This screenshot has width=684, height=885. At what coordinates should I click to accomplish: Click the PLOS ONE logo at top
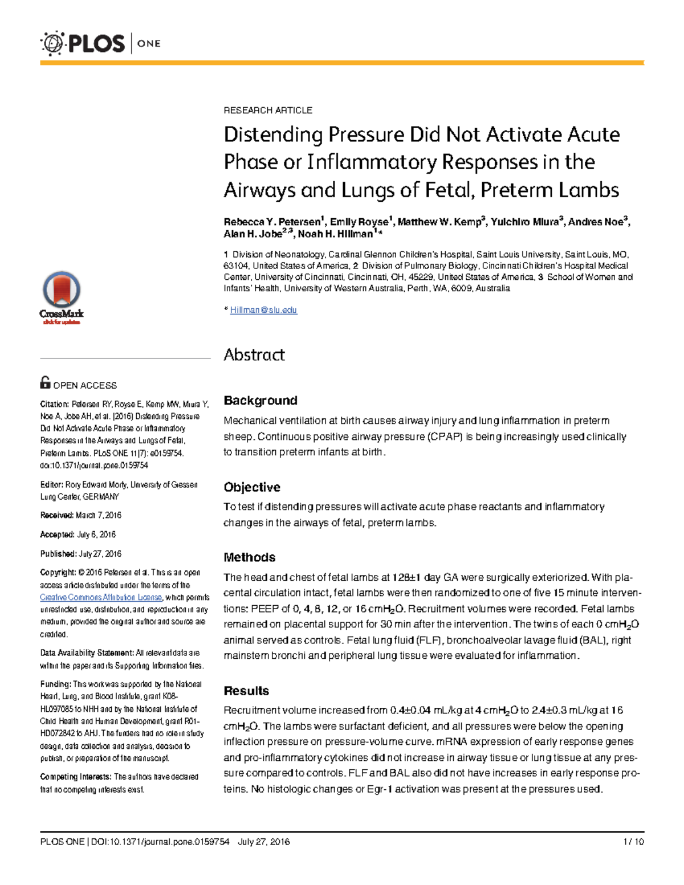[x=100, y=43]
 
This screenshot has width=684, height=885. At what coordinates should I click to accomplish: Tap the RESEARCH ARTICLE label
[x=267, y=110]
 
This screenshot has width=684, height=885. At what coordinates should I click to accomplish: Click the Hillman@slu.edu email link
[x=263, y=310]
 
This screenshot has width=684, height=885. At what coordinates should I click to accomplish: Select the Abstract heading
[x=254, y=354]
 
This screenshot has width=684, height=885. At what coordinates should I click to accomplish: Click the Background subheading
[x=260, y=401]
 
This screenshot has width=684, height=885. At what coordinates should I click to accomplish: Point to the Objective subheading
[x=251, y=487]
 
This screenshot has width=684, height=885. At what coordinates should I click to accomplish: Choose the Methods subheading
[x=249, y=557]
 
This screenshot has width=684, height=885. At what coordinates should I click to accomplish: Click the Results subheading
[x=246, y=691]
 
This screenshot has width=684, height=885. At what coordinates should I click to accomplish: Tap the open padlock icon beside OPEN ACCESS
[x=45, y=382]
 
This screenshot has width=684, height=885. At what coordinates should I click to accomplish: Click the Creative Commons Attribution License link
[x=101, y=597]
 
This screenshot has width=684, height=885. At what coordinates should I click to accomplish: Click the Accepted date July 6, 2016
[x=96, y=535]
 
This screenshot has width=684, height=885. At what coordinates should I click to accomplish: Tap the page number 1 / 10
[x=633, y=842]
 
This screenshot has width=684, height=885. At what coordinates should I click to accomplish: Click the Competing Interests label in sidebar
[x=75, y=777]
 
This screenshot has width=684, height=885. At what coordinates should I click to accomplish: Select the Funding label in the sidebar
[x=55, y=684]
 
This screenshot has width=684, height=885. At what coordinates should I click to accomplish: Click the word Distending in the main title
[x=273, y=135]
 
